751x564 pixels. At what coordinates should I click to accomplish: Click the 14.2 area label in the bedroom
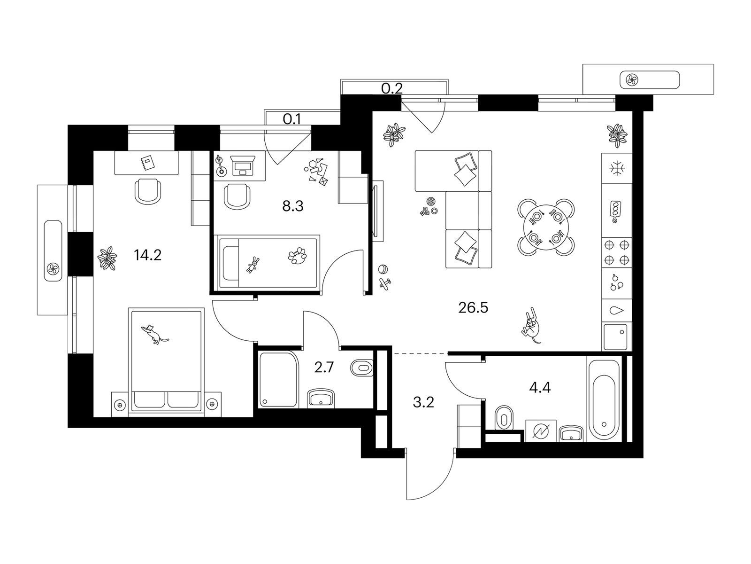tap(147, 255)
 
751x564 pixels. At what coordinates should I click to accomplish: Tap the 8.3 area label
tap(293, 206)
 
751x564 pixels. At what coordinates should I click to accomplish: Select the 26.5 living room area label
tap(473, 308)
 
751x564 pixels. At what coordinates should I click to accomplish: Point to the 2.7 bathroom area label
tap(324, 368)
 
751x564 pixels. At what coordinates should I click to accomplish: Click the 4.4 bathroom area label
tap(539, 388)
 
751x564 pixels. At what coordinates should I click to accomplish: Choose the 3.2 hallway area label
tap(423, 402)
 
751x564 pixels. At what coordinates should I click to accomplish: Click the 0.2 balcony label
tap(392, 89)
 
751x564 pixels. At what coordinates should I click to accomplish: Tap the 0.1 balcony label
tap(292, 119)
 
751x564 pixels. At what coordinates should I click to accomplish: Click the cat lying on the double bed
tap(154, 334)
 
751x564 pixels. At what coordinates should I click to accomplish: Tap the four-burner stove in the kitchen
tap(617, 253)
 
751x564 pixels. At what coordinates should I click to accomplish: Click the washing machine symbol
tap(541, 431)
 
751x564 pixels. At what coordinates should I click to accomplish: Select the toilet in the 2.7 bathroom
tap(361, 368)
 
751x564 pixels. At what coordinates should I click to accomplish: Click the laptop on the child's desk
tap(243, 165)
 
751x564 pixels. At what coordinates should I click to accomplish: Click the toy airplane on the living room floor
tap(385, 284)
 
